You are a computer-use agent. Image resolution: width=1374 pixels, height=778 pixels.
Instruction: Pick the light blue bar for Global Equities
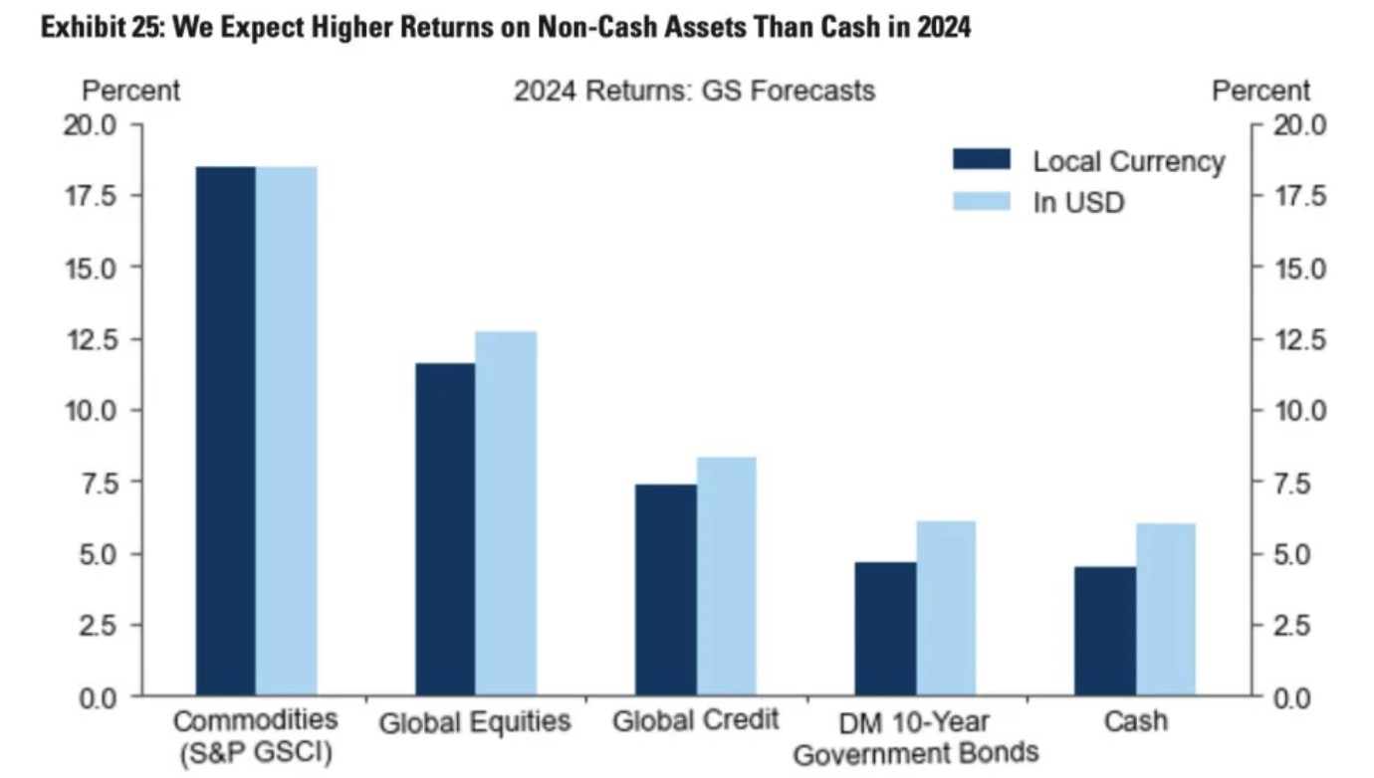(506, 513)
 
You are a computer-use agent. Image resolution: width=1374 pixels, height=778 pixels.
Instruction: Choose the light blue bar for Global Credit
(726, 576)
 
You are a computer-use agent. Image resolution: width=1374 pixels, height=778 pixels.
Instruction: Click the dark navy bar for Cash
(1104, 631)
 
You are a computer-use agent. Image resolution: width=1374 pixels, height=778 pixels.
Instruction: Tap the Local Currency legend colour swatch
(981, 160)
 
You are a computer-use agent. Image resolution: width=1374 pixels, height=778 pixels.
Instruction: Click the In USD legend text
(1078, 202)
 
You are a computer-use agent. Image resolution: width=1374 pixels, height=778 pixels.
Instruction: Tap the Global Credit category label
(695, 719)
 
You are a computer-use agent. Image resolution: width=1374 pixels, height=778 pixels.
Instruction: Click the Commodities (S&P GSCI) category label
(256, 735)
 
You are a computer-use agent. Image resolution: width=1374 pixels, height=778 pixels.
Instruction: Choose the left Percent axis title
(130, 91)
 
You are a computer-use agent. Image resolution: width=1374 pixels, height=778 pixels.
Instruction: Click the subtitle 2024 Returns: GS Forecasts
(694, 91)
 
